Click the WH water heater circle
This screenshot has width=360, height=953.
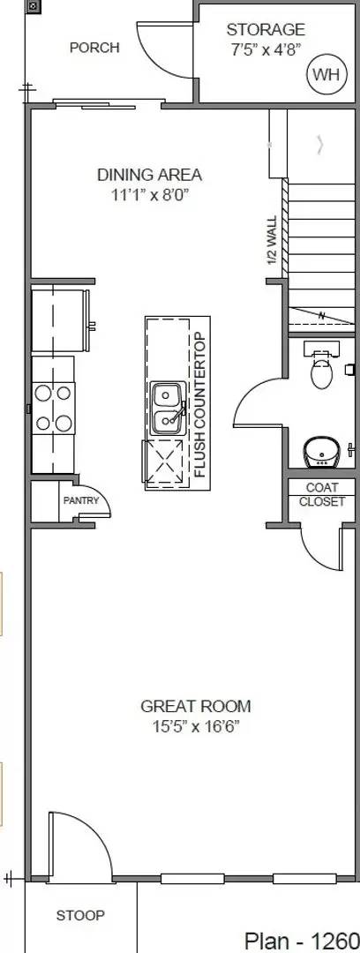coord(324,75)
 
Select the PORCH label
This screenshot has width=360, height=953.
coord(94,48)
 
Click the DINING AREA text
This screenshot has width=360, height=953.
coord(149,175)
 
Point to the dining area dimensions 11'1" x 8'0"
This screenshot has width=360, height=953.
coord(149,194)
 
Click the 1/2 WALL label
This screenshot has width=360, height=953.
coord(272,241)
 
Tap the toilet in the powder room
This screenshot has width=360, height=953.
coord(322,370)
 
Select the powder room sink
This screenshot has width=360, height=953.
coord(321,451)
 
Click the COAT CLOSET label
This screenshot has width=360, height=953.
coord(322,494)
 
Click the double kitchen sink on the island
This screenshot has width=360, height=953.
coord(167,408)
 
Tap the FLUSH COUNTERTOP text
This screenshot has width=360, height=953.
coord(199,403)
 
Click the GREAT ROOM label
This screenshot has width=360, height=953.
coord(195,706)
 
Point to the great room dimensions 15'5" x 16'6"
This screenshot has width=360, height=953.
coord(195,727)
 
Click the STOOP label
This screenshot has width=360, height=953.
coord(80,916)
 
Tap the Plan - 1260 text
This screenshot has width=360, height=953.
coord(301,939)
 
